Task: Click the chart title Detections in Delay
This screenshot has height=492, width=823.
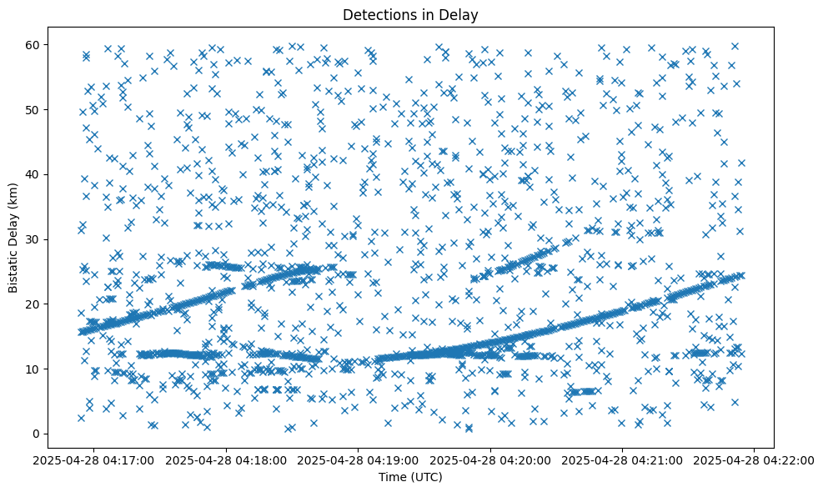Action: pyautogui.click(x=411, y=14)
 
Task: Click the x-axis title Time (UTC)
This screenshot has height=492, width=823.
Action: pyautogui.click(x=411, y=478)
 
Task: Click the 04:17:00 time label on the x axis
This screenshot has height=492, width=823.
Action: pyautogui.click(x=93, y=459)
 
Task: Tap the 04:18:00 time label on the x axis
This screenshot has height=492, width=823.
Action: pyautogui.click(x=226, y=459)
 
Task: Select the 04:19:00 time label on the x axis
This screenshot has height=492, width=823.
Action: pyautogui.click(x=359, y=459)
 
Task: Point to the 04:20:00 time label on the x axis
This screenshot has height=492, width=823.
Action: pyautogui.click(x=490, y=459)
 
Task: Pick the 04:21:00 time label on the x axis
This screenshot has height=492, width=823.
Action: pyautogui.click(x=623, y=459)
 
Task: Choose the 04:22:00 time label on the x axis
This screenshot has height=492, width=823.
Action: pyautogui.click(x=755, y=459)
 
